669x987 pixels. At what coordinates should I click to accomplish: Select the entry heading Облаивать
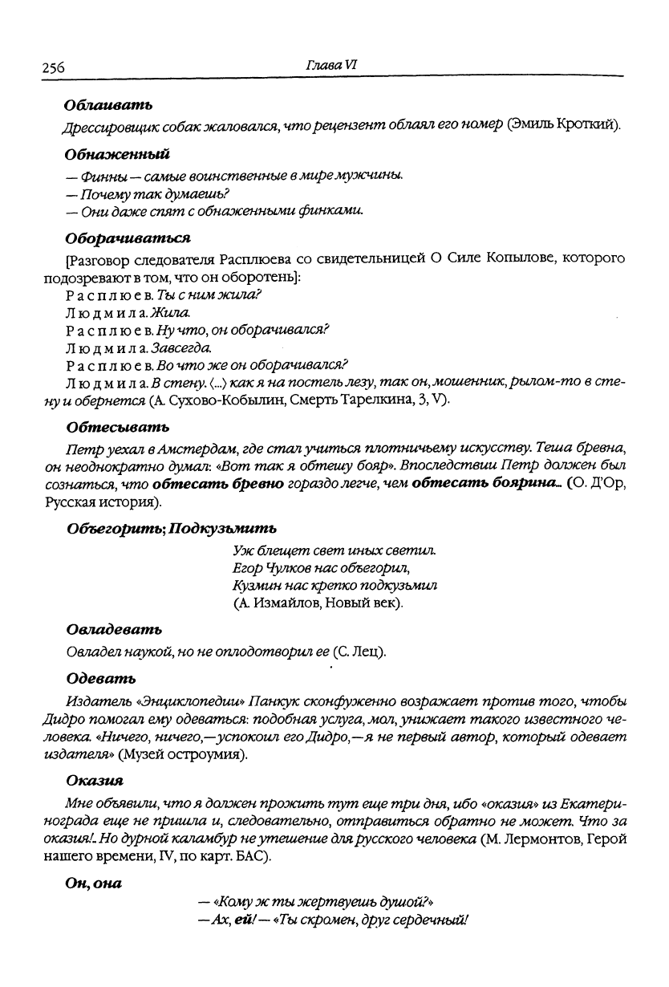click(x=108, y=105)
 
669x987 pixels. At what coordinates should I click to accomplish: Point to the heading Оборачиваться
click(x=128, y=238)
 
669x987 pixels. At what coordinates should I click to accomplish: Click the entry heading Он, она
click(x=92, y=884)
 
